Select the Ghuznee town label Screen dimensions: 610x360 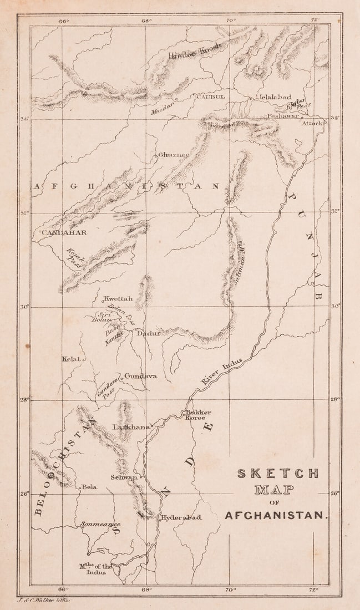point(174,155)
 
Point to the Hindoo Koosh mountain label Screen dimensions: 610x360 point(194,51)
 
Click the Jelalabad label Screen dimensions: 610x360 point(275,97)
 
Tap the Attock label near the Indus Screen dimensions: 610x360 point(311,123)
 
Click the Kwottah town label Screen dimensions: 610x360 point(118,299)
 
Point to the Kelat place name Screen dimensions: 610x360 point(71,359)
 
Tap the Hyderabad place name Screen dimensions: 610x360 point(181,517)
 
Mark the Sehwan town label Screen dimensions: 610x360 point(124,477)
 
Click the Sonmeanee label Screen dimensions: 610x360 point(100,524)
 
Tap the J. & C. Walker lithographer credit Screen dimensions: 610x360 point(43,600)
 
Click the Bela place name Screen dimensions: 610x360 point(89,487)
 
